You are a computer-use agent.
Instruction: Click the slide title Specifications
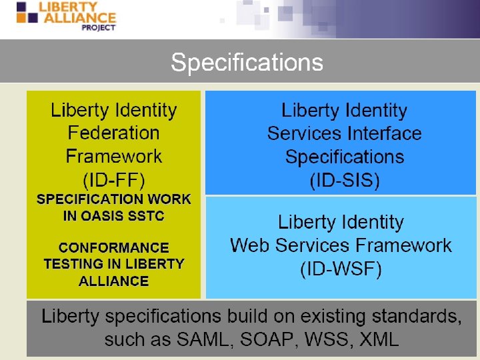(247, 63)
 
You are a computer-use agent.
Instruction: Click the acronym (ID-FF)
(113, 179)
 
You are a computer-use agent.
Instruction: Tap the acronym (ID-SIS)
(344, 180)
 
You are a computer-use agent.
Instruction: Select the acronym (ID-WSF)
(341, 269)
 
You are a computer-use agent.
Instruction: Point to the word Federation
(113, 133)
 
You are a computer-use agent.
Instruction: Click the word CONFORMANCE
(113, 247)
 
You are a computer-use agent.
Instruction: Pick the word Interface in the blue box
(383, 133)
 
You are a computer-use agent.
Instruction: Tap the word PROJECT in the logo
(98, 27)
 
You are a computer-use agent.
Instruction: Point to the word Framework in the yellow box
(113, 157)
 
